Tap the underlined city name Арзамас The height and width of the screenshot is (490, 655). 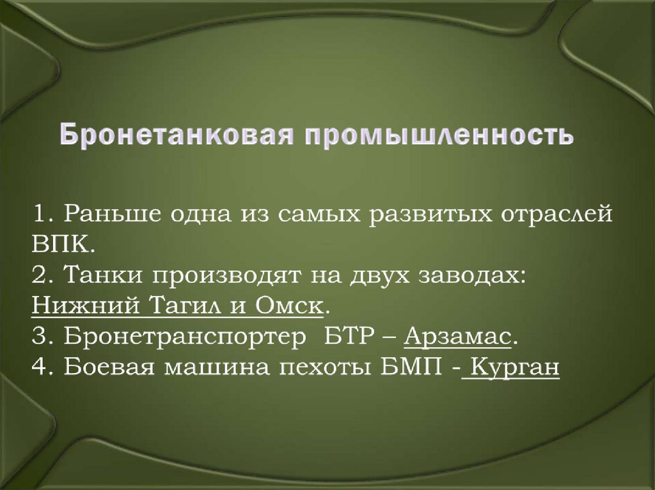click(x=459, y=336)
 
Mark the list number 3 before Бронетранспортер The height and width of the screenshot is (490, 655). click(x=37, y=337)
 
